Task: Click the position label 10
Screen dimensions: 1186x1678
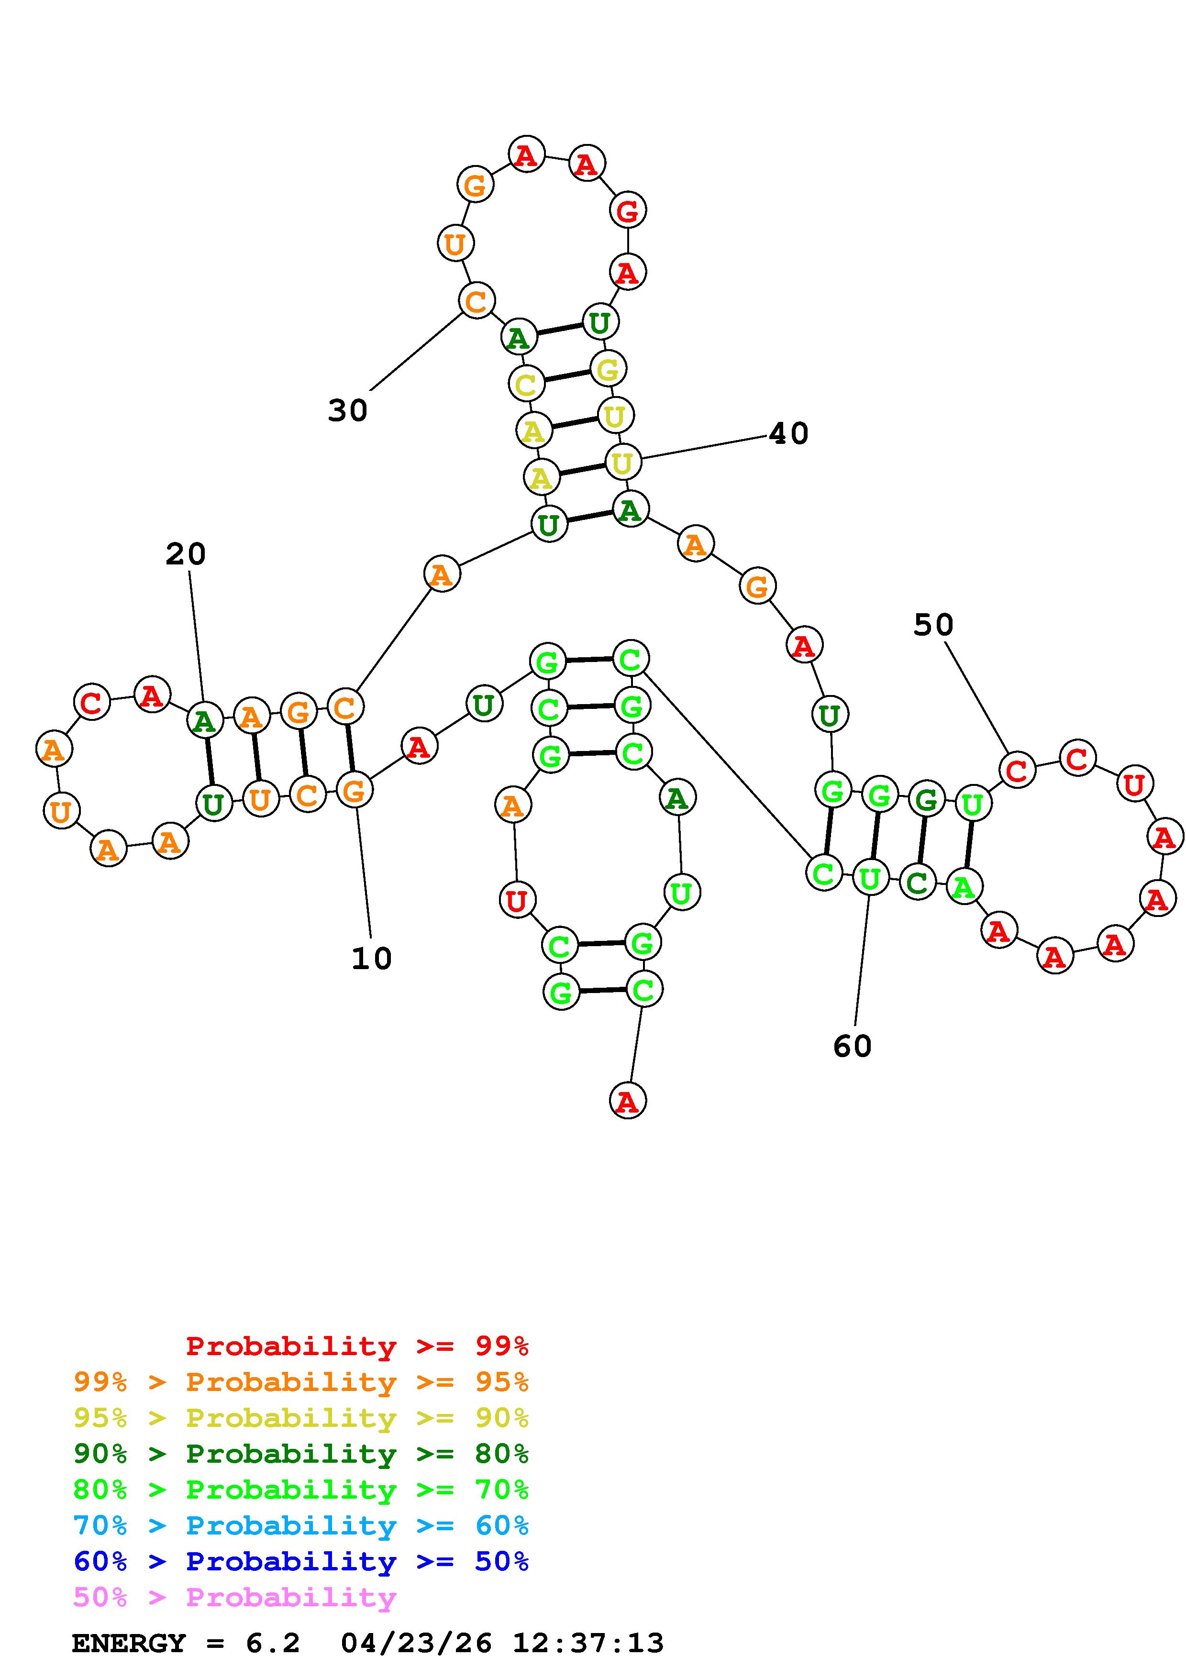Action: click(x=371, y=958)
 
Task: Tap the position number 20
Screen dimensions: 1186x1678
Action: click(x=186, y=554)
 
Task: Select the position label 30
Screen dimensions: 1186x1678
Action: click(x=348, y=411)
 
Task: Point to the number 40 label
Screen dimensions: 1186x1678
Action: click(x=789, y=434)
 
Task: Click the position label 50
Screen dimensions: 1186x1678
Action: click(x=933, y=625)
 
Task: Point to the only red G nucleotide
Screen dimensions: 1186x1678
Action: click(x=627, y=211)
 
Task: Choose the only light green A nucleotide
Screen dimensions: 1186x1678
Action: click(x=964, y=887)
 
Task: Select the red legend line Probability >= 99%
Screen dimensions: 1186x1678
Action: click(x=356, y=1346)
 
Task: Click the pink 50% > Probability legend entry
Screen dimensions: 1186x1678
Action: click(x=234, y=1597)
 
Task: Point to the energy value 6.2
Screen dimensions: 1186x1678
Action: click(x=273, y=1644)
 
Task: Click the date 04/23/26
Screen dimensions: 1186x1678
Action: click(x=417, y=1644)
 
